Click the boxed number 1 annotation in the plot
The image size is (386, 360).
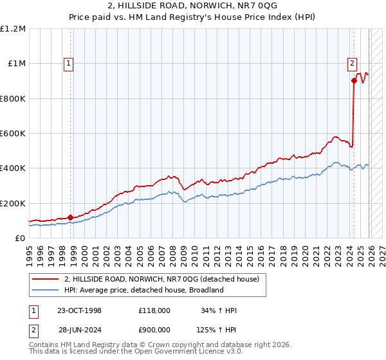68,63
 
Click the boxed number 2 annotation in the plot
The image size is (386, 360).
353,63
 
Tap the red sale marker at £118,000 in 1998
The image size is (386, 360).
70,217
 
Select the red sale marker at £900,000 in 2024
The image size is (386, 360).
354,80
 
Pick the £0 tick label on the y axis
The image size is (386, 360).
19,239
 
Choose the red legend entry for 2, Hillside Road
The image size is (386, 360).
161,279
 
